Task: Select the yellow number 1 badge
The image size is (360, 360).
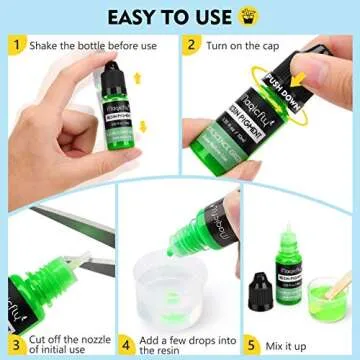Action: pos(14,46)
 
